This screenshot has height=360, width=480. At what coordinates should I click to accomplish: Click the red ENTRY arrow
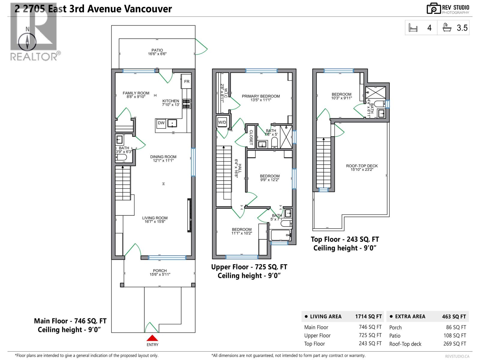(152, 338)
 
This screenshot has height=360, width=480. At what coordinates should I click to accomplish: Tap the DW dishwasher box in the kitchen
(161, 123)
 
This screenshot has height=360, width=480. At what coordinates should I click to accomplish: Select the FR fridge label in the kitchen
(187, 82)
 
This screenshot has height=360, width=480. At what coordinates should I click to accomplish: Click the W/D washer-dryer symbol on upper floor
(222, 122)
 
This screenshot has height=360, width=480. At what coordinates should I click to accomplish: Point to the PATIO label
(157, 50)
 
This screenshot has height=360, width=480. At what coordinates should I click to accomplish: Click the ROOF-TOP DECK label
(362, 166)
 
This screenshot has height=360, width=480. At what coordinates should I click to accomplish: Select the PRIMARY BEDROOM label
(261, 96)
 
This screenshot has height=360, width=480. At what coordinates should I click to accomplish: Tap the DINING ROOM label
(163, 157)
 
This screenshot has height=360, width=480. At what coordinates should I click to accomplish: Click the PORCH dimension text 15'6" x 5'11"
(160, 274)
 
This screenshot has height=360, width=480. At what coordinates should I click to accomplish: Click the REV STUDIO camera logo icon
(433, 8)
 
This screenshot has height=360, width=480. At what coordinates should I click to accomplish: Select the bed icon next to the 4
(413, 28)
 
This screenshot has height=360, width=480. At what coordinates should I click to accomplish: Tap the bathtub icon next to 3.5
(447, 28)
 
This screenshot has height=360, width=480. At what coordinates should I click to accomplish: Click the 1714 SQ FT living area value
(368, 316)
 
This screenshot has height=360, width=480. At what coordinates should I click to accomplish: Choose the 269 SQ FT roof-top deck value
(454, 344)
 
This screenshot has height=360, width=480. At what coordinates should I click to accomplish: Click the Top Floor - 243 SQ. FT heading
(345, 239)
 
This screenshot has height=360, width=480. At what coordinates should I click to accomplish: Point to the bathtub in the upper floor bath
(280, 235)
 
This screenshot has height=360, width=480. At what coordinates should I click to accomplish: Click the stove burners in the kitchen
(187, 104)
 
